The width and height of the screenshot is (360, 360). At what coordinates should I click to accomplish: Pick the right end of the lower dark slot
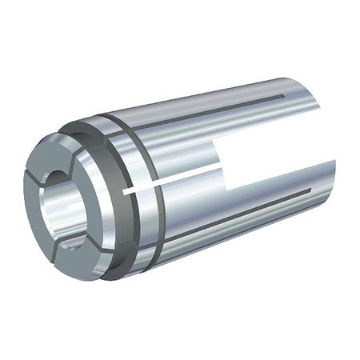click(x=308, y=192)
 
